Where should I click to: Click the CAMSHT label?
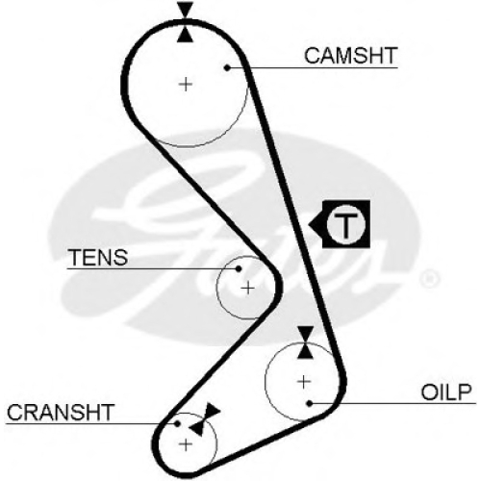tap(351, 56)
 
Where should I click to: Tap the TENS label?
tap(99, 257)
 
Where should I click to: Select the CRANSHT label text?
tap(61, 413)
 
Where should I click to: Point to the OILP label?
tap(446, 392)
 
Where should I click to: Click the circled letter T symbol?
tap(346, 224)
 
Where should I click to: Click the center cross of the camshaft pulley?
tap(186, 85)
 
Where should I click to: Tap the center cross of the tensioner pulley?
tap(247, 289)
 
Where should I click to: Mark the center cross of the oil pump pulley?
tap(304, 382)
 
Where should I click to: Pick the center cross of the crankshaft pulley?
tap(186, 444)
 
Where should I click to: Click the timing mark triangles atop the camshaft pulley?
tap(186, 22)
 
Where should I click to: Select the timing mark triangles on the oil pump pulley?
tap(305, 342)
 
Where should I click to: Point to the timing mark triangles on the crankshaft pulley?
tap(205, 418)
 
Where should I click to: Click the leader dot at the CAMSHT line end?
tap(227, 67)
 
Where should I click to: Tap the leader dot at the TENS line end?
tap(239, 268)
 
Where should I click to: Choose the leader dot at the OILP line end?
tap(310, 403)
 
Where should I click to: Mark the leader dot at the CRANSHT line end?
tap(177, 424)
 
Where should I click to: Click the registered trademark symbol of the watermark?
tap(429, 278)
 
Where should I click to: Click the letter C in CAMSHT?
tap(312, 56)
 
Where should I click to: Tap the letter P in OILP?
tap(465, 392)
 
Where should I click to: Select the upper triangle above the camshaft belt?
tap(186, 10)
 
